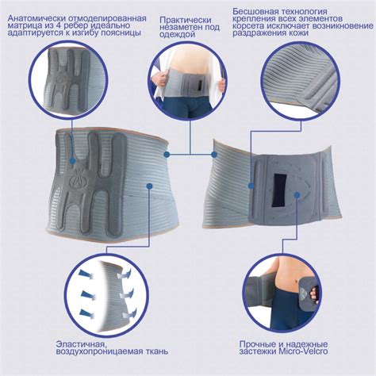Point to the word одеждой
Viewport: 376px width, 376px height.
[x=178, y=35]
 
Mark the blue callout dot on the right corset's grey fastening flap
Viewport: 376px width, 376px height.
[x=251, y=185]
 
